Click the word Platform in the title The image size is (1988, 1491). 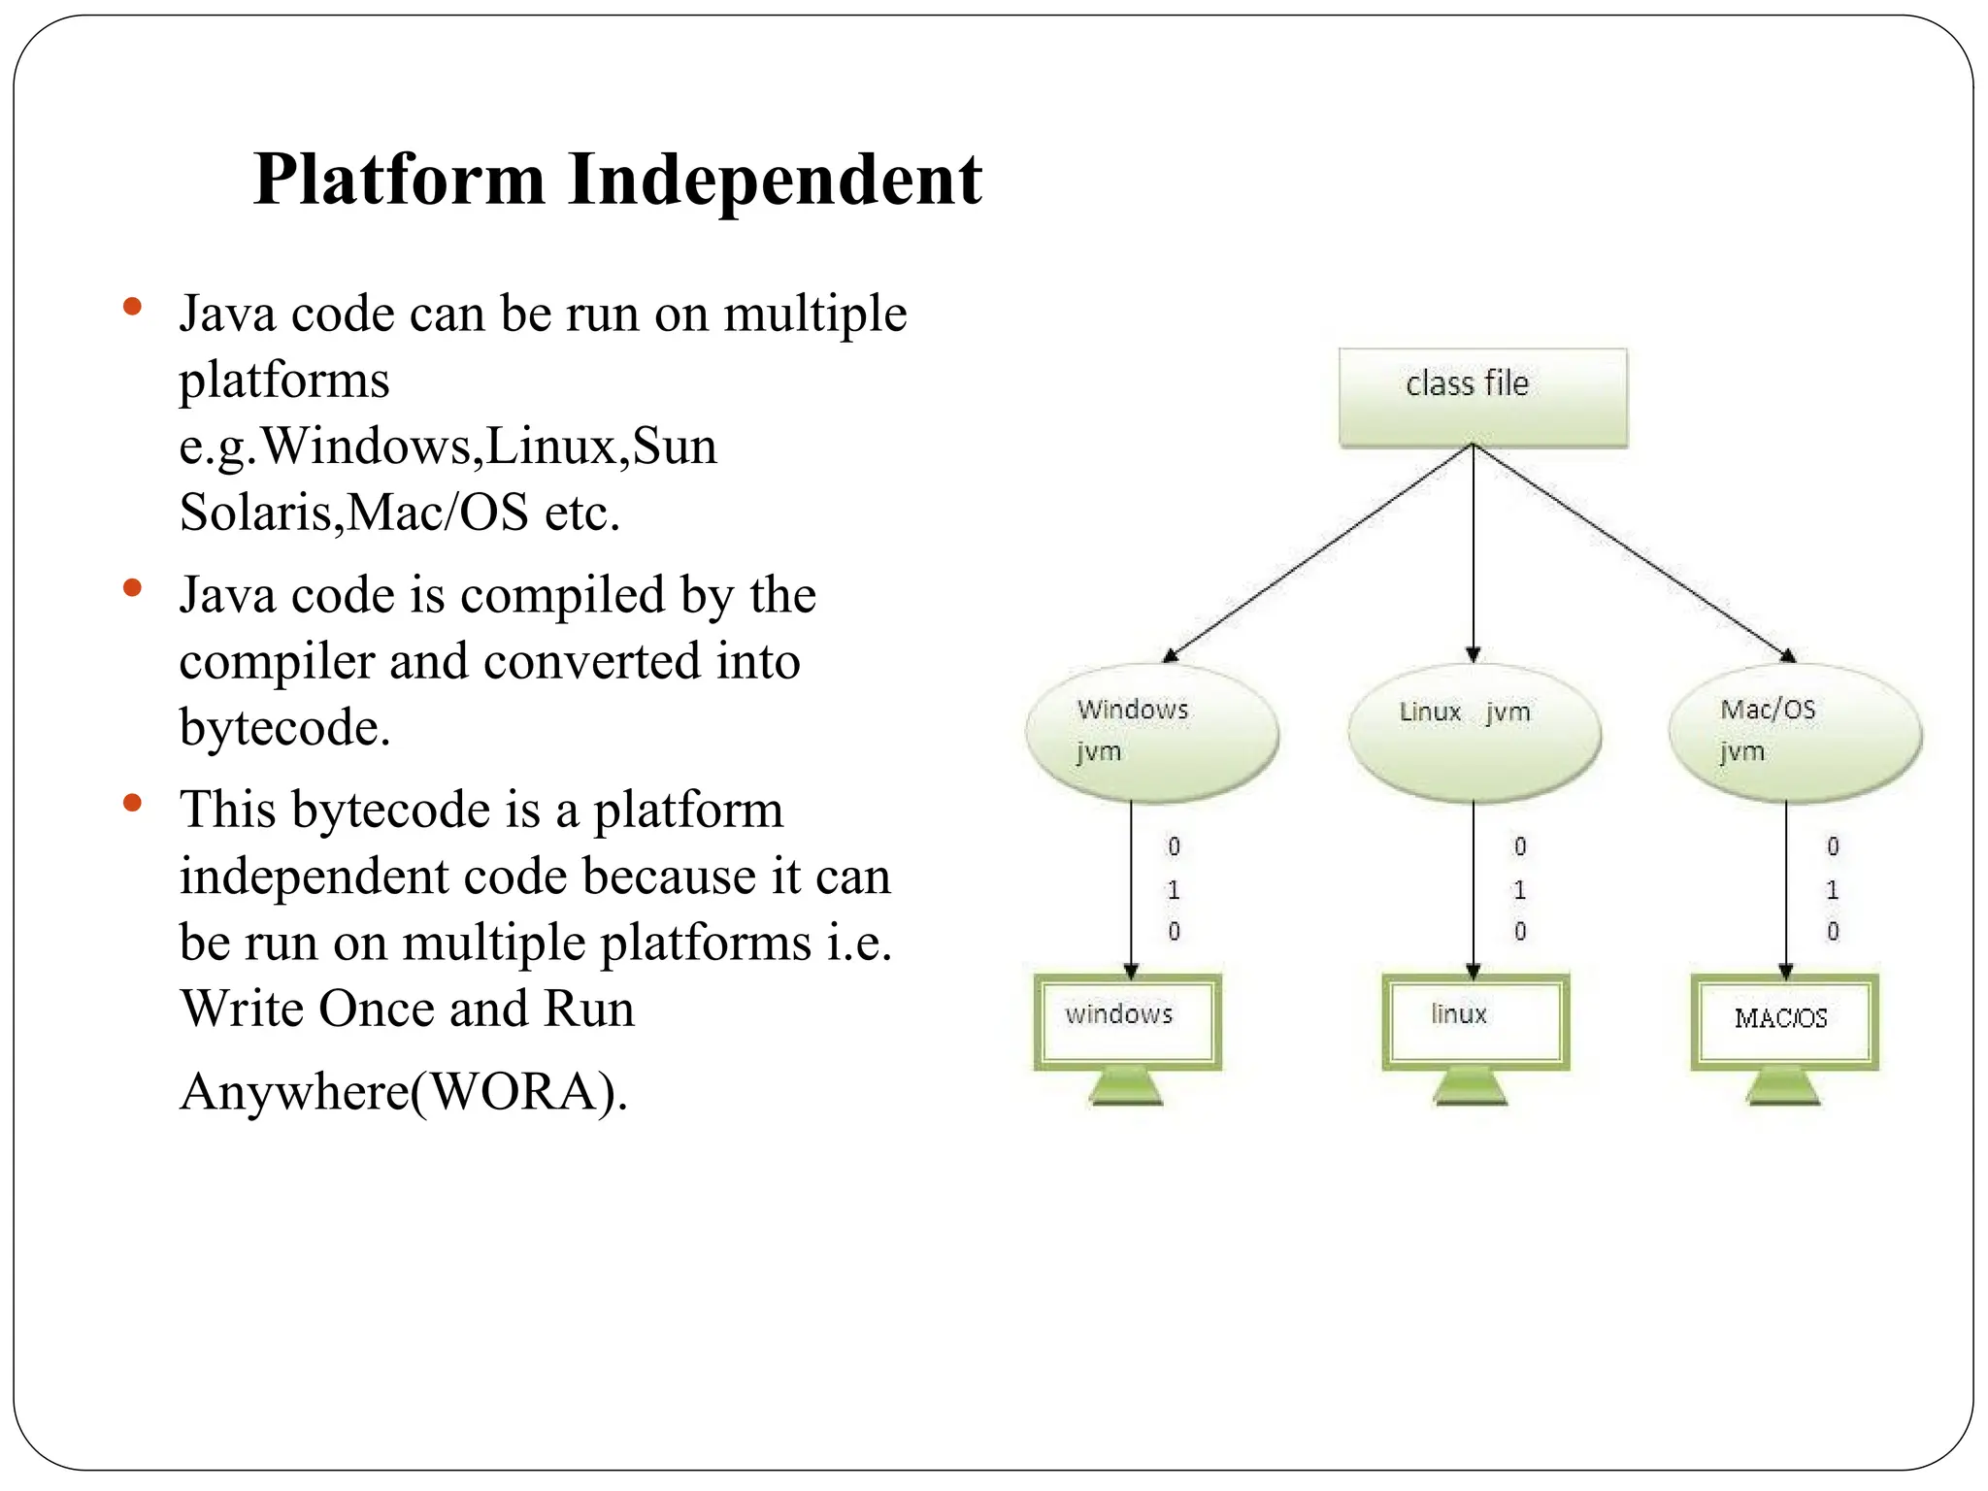pos(399,181)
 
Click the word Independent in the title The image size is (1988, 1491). pos(775,181)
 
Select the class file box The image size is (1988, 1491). pos(1482,397)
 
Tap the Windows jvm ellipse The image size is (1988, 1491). pos(1151,734)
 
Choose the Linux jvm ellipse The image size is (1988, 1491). pos(1474,734)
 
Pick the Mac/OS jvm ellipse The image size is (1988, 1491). pos(1794,734)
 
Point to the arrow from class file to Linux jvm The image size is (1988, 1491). pos(1473,553)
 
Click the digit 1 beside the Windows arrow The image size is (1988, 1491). pos(1174,889)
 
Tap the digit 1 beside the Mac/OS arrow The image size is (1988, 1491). pos(1832,889)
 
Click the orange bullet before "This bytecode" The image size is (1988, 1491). pos(133,803)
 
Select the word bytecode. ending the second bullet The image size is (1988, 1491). pos(284,727)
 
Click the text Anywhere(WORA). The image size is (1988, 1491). pos(404,1091)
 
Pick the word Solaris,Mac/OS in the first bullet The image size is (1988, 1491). pos(354,512)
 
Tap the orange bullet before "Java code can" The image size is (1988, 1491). pos(133,308)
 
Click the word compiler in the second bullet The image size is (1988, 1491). pos(276,661)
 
